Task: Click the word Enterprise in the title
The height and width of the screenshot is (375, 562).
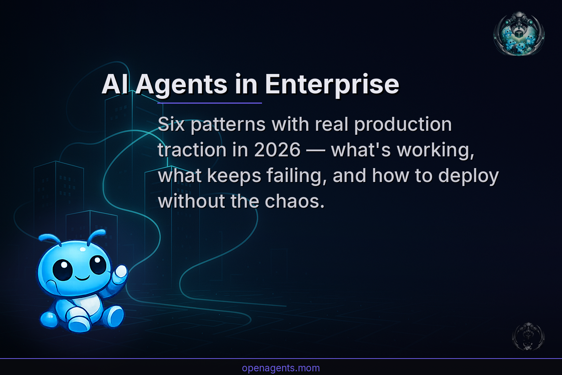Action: point(331,85)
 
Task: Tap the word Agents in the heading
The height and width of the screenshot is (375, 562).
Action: point(181,85)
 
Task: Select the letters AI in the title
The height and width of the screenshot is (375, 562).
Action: point(115,85)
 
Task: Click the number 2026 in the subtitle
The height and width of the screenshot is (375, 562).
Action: point(277,150)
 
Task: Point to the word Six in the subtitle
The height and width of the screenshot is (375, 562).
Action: point(171,125)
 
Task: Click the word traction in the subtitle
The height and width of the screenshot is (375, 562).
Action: point(192,150)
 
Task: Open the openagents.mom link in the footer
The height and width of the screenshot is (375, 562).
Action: point(281,368)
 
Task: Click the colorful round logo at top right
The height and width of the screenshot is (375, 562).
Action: point(519,34)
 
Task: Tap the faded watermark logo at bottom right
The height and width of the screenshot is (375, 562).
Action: point(528,337)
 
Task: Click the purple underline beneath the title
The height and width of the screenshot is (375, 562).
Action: point(209,103)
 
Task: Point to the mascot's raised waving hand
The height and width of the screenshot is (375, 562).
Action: point(120,273)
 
